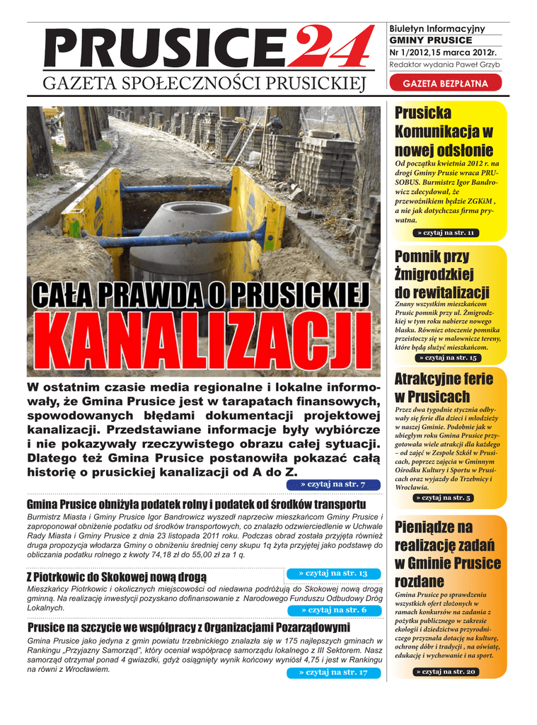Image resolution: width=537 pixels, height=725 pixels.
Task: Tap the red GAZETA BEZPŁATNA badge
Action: pyautogui.click(x=445, y=84)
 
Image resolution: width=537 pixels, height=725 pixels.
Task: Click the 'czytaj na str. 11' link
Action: pyautogui.click(x=446, y=233)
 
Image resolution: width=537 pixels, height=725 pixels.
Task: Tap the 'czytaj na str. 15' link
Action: pyautogui.click(x=446, y=358)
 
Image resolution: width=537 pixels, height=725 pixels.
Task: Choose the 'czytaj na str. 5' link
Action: pyautogui.click(x=446, y=498)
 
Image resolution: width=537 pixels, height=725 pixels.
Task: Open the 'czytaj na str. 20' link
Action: pyautogui.click(x=446, y=671)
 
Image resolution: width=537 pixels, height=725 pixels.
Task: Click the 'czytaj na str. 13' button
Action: pyautogui.click(x=333, y=573)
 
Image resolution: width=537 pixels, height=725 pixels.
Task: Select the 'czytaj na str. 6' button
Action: pyautogui.click(x=333, y=610)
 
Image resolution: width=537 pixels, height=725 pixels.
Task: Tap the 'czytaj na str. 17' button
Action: pyautogui.click(x=333, y=672)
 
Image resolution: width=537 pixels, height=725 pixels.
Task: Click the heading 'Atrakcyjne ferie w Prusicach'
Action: pyautogui.click(x=444, y=387)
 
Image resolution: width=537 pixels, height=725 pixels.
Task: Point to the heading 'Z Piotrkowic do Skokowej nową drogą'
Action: pyautogui.click(x=116, y=577)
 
